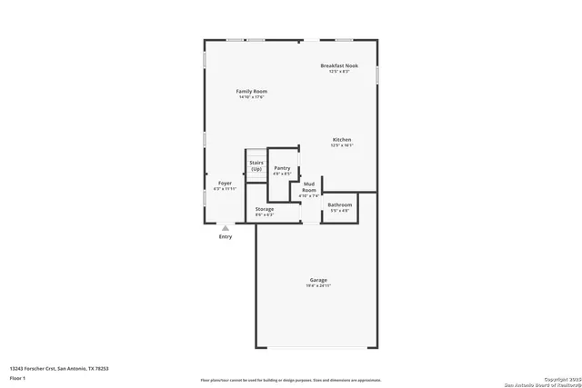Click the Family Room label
click(252, 91)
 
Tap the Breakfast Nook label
click(338, 65)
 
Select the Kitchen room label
click(341, 139)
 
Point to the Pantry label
click(283, 167)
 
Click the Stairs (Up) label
click(256, 165)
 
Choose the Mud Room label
click(309, 186)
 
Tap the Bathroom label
click(340, 204)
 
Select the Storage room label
click(265, 209)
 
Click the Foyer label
click(225, 184)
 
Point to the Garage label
click(318, 280)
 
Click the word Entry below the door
click(226, 237)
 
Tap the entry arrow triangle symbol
click(226, 228)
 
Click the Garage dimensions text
click(318, 285)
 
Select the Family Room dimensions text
click(252, 97)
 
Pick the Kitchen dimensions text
click(341, 145)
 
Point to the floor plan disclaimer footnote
click(291, 379)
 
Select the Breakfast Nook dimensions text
click(338, 72)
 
